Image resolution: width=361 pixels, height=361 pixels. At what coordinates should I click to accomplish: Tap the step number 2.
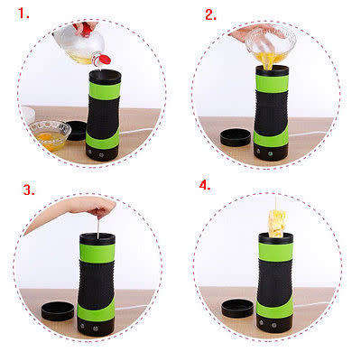pyautogui.click(x=210, y=14)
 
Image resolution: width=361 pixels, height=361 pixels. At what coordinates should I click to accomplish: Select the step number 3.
pyautogui.click(x=29, y=190)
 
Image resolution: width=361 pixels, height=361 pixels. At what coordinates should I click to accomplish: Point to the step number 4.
pyautogui.click(x=205, y=185)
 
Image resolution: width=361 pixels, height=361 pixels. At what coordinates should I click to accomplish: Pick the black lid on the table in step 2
pyautogui.click(x=236, y=138)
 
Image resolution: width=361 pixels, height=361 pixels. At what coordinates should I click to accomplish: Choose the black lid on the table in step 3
pyautogui.click(x=58, y=310)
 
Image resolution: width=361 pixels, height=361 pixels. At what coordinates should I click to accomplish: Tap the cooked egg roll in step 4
pyautogui.click(x=276, y=219)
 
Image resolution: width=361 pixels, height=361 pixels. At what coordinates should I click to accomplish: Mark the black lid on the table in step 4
pyautogui.click(x=237, y=307)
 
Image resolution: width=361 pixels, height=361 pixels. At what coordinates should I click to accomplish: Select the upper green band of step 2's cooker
pyautogui.click(x=273, y=81)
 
